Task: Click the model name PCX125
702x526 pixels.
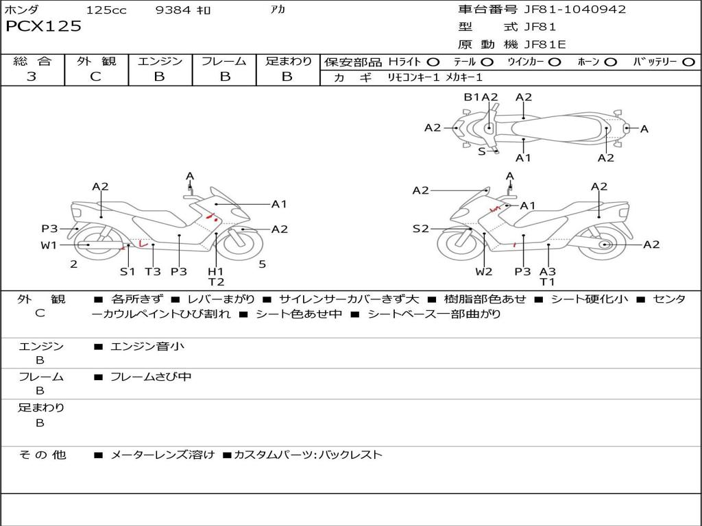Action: coord(43,27)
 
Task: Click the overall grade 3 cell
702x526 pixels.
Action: coord(32,77)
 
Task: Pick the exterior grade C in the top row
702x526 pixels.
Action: coord(96,77)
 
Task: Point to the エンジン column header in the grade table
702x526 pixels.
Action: coord(160,61)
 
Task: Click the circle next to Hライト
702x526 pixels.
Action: coord(433,62)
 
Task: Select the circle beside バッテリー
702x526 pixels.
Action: coord(688,62)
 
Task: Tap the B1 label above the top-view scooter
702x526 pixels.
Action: coord(472,97)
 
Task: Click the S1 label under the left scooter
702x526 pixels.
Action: coord(128,271)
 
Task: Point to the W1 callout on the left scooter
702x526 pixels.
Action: coord(49,245)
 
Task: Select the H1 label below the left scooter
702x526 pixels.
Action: coord(216,271)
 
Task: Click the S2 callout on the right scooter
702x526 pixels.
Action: coord(420,229)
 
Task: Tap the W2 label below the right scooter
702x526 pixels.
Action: coord(484,271)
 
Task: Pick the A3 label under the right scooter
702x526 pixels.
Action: coord(547,271)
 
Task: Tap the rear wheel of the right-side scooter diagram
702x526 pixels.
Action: coord(605,245)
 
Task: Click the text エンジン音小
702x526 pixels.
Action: coord(147,347)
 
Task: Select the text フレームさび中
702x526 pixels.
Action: coord(151,377)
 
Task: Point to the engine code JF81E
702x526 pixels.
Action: coord(546,45)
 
